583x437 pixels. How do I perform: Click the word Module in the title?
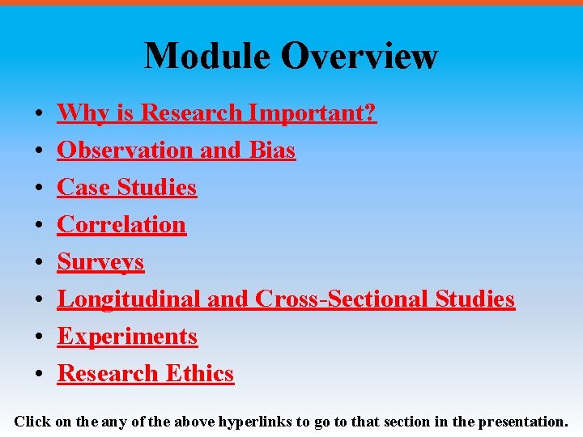(207, 56)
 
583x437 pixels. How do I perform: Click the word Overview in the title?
(360, 56)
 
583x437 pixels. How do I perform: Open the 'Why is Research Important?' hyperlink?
(216, 112)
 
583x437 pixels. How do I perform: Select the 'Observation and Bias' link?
(176, 150)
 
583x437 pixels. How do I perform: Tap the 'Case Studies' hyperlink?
(126, 187)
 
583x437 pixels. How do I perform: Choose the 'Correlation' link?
(121, 224)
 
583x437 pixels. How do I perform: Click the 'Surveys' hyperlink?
(100, 261)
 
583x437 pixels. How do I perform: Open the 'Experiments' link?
(127, 336)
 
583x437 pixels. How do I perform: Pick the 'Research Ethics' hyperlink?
(146, 373)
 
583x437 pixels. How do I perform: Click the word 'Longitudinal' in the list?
(130, 299)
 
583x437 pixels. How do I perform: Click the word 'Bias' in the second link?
(272, 150)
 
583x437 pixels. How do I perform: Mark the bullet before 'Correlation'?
(38, 226)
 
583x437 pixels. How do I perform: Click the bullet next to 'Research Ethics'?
(38, 375)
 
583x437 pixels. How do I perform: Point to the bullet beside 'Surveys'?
(38, 263)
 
